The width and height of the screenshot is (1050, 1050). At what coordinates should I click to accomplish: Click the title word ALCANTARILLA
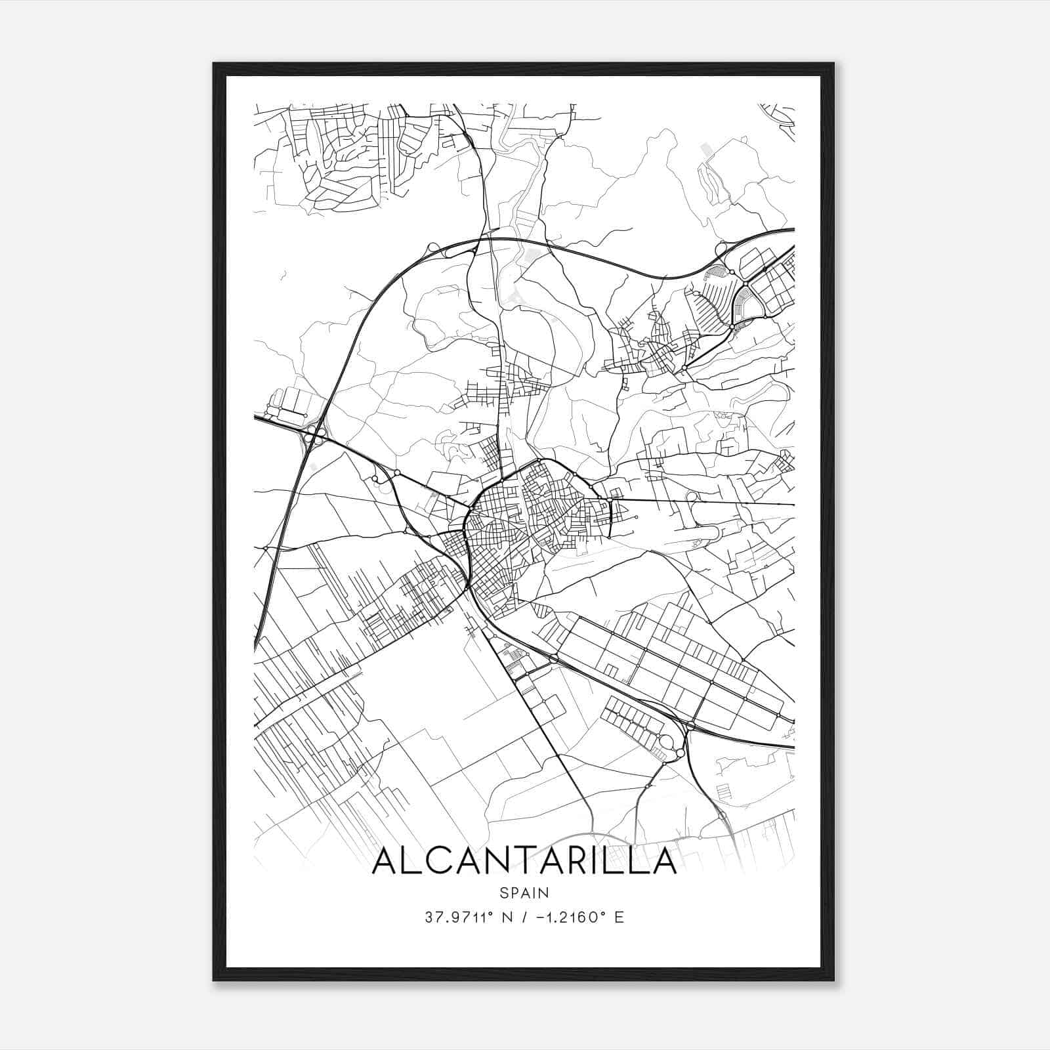pyautogui.click(x=524, y=861)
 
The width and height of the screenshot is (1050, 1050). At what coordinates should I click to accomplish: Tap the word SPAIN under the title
pyautogui.click(x=524, y=892)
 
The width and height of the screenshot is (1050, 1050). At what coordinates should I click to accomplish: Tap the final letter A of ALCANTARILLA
pyautogui.click(x=663, y=861)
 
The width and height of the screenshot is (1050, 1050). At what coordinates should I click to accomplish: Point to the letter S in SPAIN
pyautogui.click(x=503, y=892)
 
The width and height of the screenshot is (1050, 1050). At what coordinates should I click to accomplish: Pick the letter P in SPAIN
pyautogui.click(x=514, y=892)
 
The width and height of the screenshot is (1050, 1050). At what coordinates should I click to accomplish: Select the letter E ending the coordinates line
pyautogui.click(x=619, y=917)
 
